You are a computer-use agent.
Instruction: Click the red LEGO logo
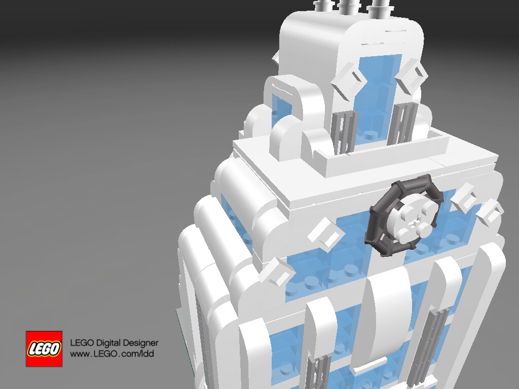[x=44, y=348]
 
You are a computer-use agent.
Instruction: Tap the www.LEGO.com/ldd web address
[x=112, y=354]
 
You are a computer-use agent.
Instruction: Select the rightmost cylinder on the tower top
[x=379, y=8]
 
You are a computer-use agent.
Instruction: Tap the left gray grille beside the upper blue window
[x=344, y=132]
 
